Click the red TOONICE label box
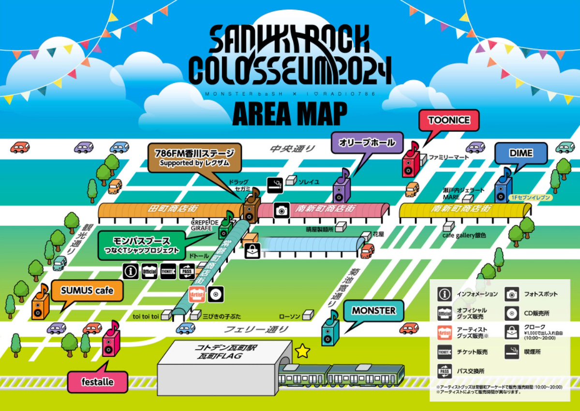coord(448,121)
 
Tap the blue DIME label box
coord(521,154)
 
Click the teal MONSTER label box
coord(373,311)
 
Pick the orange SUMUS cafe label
coord(87,291)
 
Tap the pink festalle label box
coord(98,382)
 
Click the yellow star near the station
coord(303,351)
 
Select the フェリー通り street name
coord(256,330)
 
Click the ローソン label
coord(290,316)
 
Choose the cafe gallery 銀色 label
coord(464,235)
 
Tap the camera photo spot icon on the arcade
coord(281,210)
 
